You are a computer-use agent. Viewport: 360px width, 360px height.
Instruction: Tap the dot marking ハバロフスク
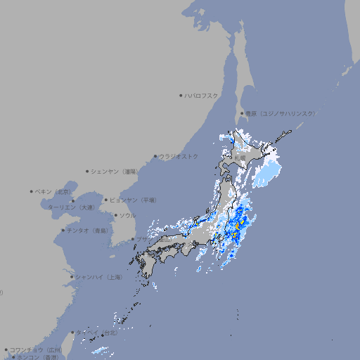tap(181, 95)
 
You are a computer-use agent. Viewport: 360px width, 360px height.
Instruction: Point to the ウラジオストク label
tap(179, 156)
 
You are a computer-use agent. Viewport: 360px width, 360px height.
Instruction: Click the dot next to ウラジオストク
tap(155, 156)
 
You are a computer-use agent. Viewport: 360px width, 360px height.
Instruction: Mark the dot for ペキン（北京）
tap(32, 191)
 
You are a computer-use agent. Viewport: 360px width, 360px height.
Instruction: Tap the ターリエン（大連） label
tap(70, 207)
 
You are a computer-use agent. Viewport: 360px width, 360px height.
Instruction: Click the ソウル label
tap(127, 215)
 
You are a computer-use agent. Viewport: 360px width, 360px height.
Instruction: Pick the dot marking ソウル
tap(115, 215)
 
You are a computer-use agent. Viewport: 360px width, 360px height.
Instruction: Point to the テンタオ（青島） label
tap(88, 230)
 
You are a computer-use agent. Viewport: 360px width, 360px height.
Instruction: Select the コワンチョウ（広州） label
tap(36, 349)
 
